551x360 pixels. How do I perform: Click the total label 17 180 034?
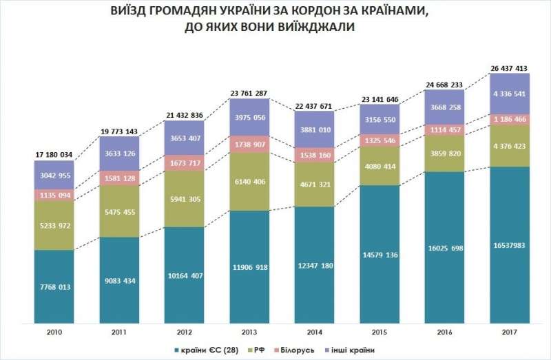coord(54,154)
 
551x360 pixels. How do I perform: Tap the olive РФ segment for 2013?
coord(249,181)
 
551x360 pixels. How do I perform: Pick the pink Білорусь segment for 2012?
coord(184,163)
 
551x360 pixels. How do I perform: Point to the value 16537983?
coord(510,244)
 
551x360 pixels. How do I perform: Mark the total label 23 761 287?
coord(249,93)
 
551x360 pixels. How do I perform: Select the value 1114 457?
coord(445,130)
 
